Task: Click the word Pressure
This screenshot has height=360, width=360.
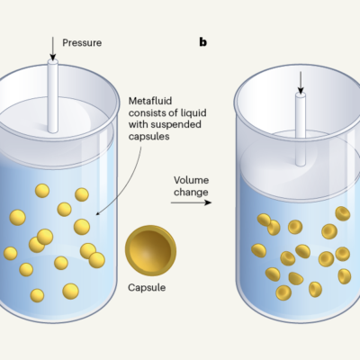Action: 82,42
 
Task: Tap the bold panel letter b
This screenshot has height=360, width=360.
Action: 203,42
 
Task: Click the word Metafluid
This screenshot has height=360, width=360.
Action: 150,101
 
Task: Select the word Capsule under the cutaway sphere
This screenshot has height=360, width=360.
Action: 147,287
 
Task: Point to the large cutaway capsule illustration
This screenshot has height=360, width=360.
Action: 150,250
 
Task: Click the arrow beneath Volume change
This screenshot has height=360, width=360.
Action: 191,202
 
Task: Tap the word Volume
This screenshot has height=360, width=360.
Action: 191,180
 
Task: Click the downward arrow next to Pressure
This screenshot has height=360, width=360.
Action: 53,49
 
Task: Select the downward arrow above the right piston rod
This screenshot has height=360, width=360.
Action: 301,83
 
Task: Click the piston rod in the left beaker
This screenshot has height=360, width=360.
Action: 53,96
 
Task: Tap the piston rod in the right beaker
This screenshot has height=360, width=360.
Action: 301,129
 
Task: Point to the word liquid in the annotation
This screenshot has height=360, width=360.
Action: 193,112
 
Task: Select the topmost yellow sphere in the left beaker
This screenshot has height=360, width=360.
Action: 42,191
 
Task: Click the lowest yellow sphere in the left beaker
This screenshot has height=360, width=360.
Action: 37,295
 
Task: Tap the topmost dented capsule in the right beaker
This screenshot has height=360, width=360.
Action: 343,213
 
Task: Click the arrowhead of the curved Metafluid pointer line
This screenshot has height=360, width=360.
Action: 97,214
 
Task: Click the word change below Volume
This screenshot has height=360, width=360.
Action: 191,192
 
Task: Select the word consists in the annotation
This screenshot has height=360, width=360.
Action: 148,112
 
